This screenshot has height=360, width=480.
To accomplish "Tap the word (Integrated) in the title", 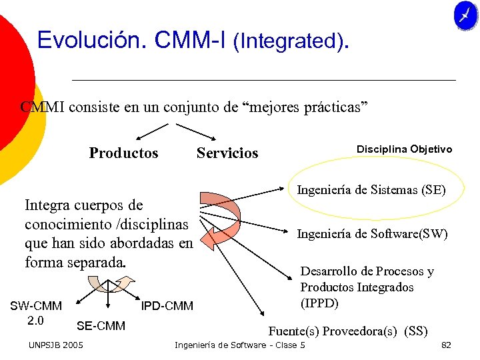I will click(290, 42).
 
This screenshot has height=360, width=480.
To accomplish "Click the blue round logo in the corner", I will click(465, 15).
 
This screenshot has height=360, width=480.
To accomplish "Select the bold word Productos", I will click(124, 153).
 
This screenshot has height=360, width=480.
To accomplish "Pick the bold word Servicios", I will click(227, 153).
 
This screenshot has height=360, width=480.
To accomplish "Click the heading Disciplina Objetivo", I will click(404, 149).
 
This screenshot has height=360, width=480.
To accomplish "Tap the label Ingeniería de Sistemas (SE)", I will click(371, 190).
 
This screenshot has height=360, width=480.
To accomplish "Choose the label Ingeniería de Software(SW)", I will click(372, 234).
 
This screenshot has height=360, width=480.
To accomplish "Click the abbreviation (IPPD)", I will click(319, 303).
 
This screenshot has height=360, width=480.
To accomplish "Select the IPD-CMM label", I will click(167, 306).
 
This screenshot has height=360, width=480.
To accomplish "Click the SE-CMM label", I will click(101, 326).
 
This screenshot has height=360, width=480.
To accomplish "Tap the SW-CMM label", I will click(36, 306).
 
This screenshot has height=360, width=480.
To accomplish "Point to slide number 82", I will click(446, 345).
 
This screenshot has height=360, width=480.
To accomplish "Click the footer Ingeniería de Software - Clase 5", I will click(239, 345).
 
